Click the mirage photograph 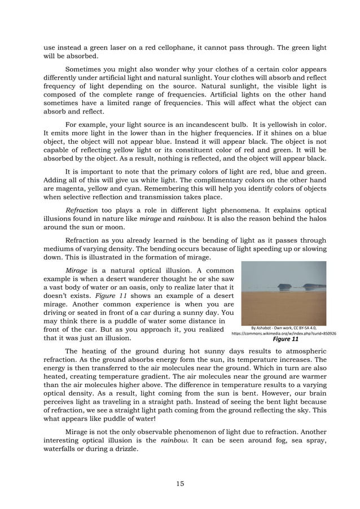[x=284, y=293]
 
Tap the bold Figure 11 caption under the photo [x=285, y=340]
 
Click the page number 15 [x=179, y=483]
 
